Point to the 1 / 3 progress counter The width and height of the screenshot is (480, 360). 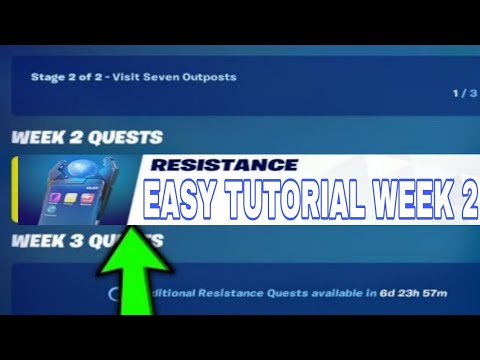tap(463, 93)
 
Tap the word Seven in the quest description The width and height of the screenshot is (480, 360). tap(159, 77)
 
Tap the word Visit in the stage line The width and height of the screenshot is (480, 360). tap(130, 77)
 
